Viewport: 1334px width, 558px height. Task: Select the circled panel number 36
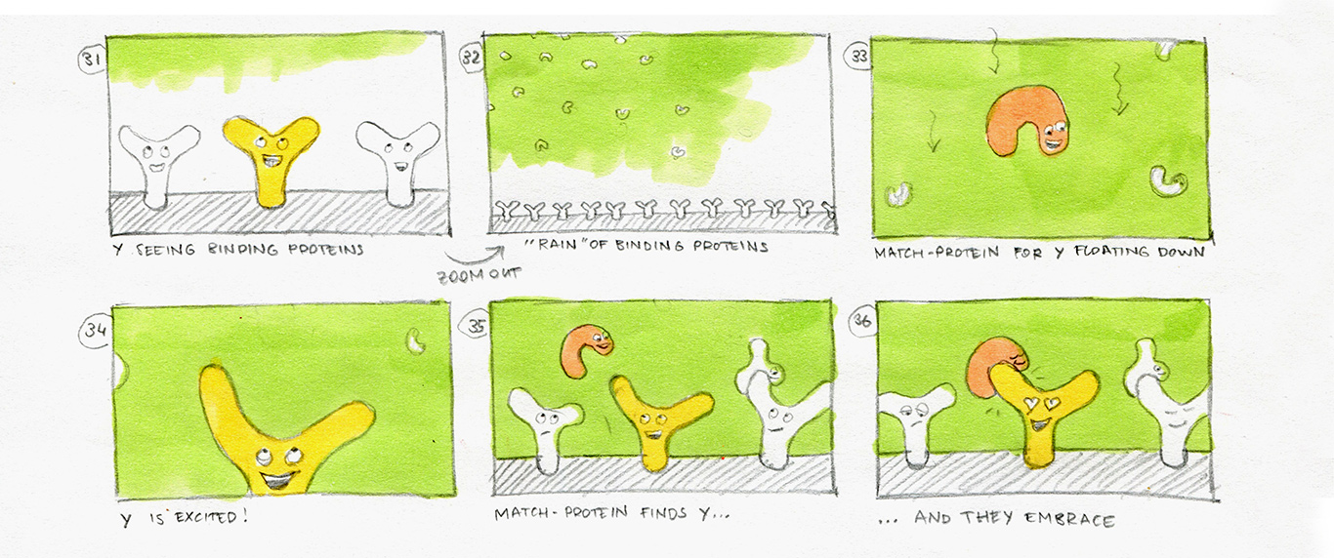tap(861, 322)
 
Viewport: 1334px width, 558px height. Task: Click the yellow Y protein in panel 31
tap(271, 156)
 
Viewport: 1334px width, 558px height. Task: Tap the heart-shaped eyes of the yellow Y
tap(1041, 403)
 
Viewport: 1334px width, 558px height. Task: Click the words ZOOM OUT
tap(479, 276)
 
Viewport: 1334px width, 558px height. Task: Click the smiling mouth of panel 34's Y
tap(278, 479)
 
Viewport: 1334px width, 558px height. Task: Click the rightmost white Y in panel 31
tap(397, 161)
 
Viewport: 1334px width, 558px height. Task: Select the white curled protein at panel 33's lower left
tap(898, 194)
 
